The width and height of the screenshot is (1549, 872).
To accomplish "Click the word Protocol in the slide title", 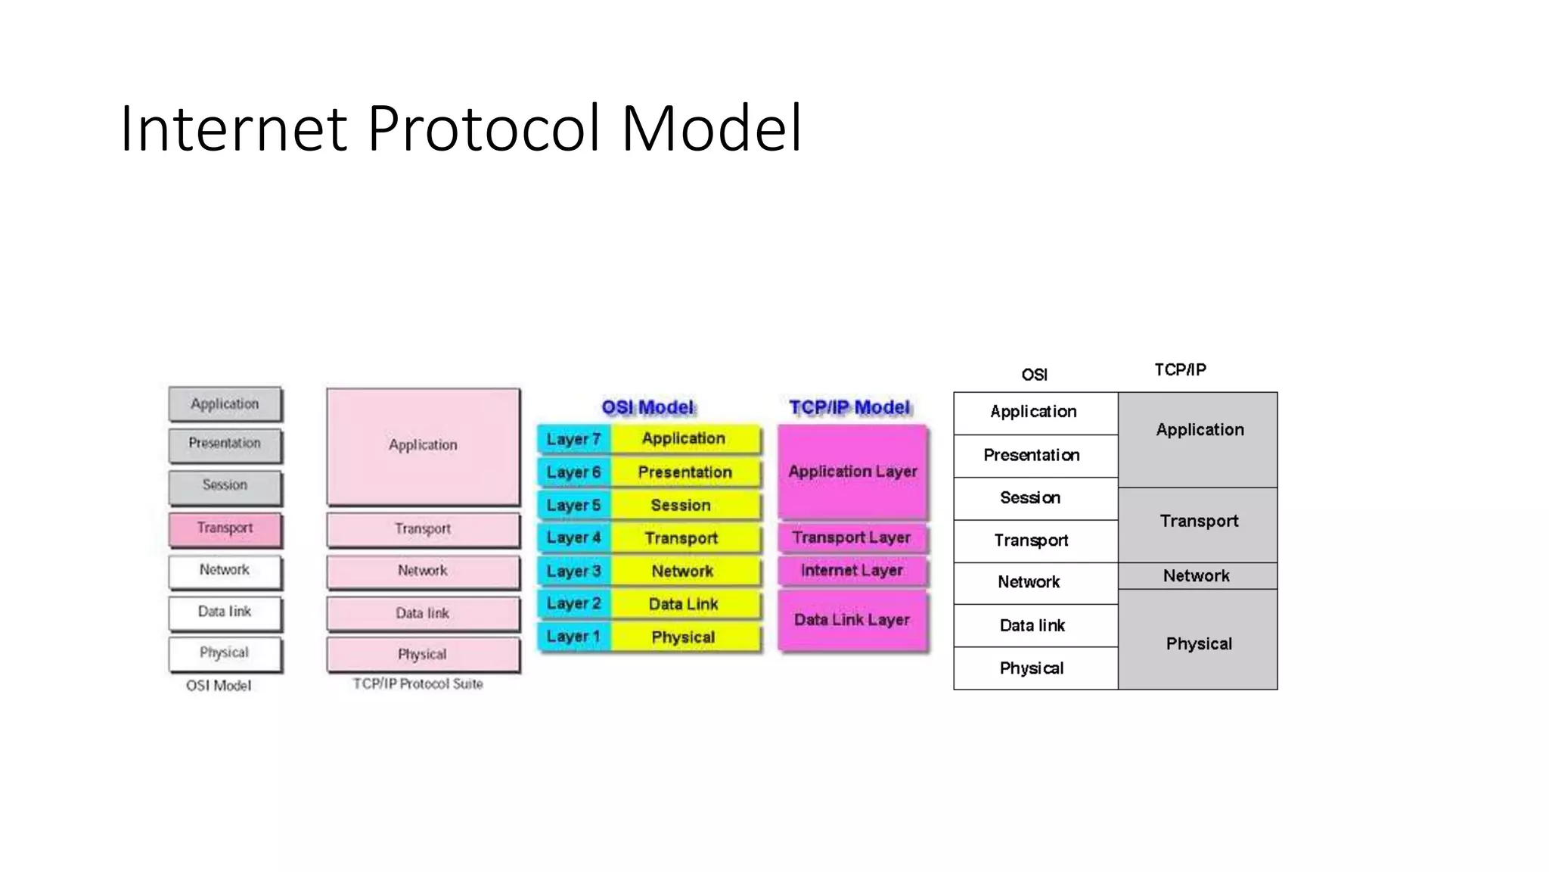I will click(x=484, y=129).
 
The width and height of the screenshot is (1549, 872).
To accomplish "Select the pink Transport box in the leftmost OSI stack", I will click(x=225, y=528).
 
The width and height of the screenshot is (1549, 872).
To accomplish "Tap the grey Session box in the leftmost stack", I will click(x=225, y=486).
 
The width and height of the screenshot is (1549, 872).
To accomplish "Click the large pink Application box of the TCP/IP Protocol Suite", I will click(x=423, y=446).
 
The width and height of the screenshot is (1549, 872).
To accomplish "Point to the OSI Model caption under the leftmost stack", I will click(x=219, y=686).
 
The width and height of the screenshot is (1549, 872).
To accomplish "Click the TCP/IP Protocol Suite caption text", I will click(x=418, y=684).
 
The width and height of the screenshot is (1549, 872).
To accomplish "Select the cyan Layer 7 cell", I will click(x=573, y=440).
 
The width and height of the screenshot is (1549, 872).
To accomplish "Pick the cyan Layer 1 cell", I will click(x=573, y=637).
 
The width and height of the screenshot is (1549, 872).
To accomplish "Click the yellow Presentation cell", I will click(x=684, y=472).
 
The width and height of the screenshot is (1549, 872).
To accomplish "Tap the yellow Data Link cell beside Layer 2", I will click(x=683, y=604).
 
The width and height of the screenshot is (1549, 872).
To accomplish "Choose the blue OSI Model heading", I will click(x=647, y=408).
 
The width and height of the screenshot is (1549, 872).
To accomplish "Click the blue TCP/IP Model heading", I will click(x=849, y=408).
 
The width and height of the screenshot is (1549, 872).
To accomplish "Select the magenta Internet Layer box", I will click(x=852, y=571).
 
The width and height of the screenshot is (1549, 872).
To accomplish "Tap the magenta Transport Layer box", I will click(x=852, y=537).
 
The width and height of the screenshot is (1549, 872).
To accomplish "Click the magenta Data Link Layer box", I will click(x=852, y=621).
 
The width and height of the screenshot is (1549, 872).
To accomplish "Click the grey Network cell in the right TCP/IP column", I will click(x=1197, y=576).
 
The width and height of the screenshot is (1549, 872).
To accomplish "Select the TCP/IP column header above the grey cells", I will click(x=1180, y=370).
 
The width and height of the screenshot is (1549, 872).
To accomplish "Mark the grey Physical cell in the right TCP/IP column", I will click(x=1198, y=643).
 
